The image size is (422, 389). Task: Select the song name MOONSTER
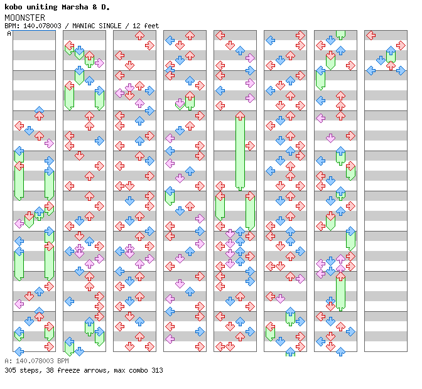(21, 17)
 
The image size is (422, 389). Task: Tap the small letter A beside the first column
(9, 33)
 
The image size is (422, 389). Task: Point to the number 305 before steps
(9, 370)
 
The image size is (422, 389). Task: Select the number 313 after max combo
(156, 370)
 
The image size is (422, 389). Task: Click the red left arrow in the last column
(371, 35)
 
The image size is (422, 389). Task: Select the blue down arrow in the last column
(381, 60)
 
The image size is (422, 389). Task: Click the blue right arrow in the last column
(401, 70)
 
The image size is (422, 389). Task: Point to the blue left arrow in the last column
(371, 70)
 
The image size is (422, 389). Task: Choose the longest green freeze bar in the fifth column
(240, 151)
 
